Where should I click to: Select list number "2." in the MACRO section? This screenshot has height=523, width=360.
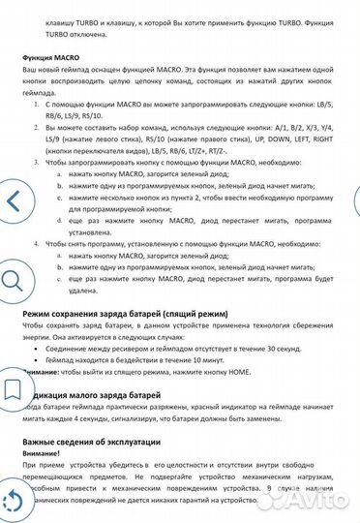(37, 125)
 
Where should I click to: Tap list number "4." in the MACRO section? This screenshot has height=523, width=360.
(37, 246)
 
